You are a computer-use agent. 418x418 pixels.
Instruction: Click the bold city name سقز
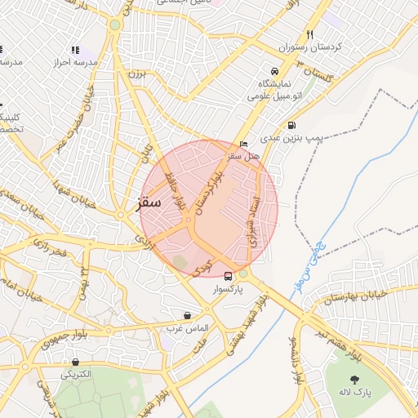tap(149, 201)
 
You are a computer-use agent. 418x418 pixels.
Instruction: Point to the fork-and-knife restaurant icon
tap(309, 35)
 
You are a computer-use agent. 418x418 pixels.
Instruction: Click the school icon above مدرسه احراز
tap(75, 51)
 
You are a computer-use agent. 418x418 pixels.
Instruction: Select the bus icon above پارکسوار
tap(228, 276)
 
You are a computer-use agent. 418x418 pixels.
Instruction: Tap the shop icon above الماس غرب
tap(188, 315)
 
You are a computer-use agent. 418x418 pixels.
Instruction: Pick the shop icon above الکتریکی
tap(75, 362)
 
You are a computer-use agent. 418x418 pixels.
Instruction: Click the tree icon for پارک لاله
tap(355, 380)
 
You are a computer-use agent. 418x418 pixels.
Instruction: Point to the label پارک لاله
tap(356, 393)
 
